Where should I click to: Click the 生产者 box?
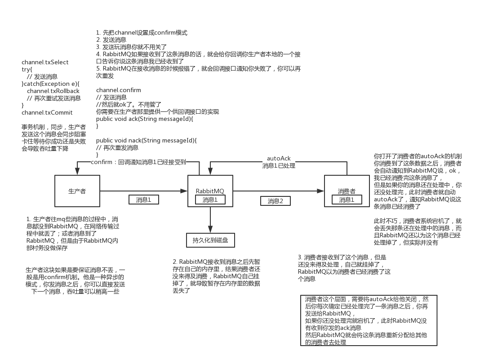(77, 191)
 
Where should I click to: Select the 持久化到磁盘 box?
(210, 240)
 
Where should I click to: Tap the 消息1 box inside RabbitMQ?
(210, 200)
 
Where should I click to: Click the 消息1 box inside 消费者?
(347, 200)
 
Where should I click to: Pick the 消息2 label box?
(276, 201)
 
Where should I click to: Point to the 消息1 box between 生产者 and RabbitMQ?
(143, 200)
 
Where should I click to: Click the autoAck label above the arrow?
(279, 159)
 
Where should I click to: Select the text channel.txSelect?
(45, 62)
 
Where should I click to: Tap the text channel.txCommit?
(47, 112)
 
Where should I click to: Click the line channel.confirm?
(118, 90)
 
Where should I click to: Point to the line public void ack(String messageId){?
(144, 119)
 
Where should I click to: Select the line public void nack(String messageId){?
(147, 140)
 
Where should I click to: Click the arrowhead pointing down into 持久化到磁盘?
(210, 229)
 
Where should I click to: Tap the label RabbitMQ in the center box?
(210, 191)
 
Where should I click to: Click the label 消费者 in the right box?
(347, 191)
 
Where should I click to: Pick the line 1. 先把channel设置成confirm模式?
(142, 32)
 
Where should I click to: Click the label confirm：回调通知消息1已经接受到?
(138, 162)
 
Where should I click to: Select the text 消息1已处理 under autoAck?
(279, 165)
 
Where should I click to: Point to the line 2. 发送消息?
(111, 40)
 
